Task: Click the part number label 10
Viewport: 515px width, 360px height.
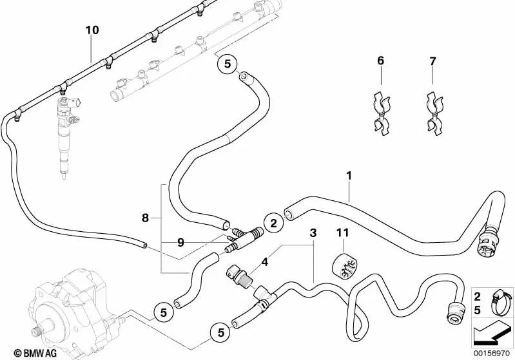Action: coord(92,30)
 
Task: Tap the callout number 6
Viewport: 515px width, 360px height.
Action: coord(380,61)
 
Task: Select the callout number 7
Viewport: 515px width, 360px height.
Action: coord(432,61)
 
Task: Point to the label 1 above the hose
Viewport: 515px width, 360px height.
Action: coord(349,175)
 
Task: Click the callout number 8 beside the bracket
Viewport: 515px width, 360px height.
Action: coord(146,218)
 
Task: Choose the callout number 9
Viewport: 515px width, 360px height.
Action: coord(181,243)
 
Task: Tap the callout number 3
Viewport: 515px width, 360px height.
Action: coord(313,232)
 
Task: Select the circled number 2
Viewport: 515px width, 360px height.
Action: coord(273,223)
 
